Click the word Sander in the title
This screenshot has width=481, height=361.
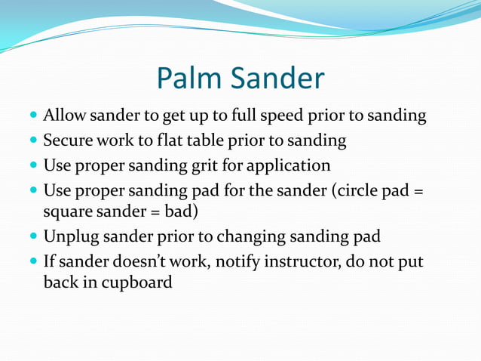click(279, 79)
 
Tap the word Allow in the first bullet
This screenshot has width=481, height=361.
click(65, 116)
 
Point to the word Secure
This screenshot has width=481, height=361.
click(69, 140)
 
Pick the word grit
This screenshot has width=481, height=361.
click(226, 165)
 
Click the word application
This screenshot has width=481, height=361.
click(293, 165)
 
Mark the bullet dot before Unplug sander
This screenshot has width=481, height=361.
click(33, 237)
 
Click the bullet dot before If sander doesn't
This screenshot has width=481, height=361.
click(33, 261)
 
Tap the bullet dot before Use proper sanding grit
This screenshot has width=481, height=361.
click(33, 165)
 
